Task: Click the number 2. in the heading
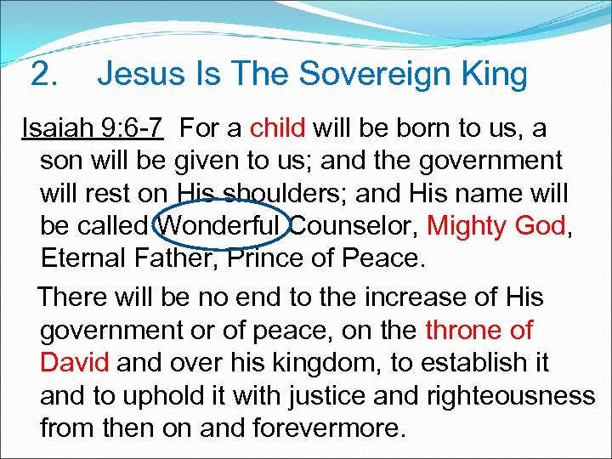(x=43, y=75)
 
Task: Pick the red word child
(x=278, y=128)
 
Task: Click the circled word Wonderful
(x=220, y=225)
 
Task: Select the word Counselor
(x=353, y=225)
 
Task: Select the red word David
(x=75, y=363)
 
